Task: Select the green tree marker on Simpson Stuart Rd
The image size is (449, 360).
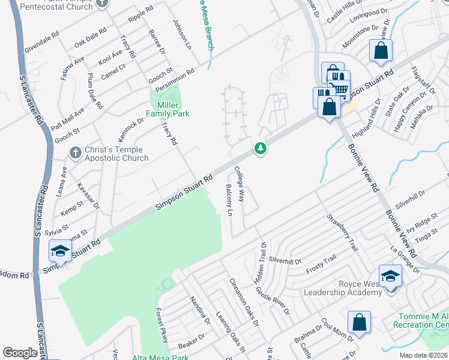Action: coord(260,147)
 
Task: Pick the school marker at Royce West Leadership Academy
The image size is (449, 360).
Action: coord(390,276)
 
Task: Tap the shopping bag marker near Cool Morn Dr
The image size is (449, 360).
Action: coord(359,322)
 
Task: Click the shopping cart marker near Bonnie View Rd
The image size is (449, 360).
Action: coord(339,90)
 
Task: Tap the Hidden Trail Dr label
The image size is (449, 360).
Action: coord(262,259)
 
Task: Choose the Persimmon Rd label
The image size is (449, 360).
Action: coord(174,80)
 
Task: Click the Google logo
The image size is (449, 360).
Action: coord(20,353)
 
